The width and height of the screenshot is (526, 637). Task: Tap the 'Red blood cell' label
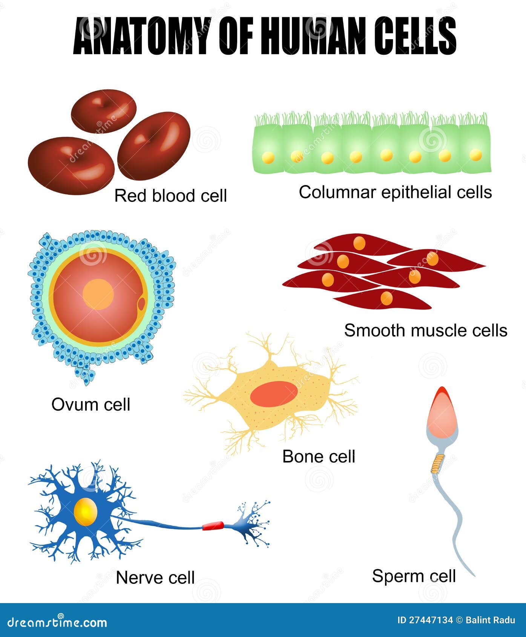[170, 196]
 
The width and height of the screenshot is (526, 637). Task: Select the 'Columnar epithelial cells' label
[395, 192]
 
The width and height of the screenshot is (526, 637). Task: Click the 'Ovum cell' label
[90, 404]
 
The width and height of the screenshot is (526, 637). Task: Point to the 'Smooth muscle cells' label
[425, 331]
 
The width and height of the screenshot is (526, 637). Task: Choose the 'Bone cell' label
[319, 456]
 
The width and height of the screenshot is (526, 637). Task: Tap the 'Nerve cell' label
[155, 577]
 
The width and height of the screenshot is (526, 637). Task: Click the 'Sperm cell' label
[414, 576]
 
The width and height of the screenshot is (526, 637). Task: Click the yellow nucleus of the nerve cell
[86, 512]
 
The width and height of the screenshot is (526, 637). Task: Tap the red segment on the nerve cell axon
[213, 526]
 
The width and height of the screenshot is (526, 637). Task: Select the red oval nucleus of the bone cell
[274, 394]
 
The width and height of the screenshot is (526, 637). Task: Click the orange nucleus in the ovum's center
[98, 294]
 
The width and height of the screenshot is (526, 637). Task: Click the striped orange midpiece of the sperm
[438, 464]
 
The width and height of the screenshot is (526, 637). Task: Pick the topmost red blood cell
[103, 111]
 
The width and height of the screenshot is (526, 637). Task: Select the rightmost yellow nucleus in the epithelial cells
[476, 155]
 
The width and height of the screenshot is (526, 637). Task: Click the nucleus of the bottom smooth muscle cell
[386, 299]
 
